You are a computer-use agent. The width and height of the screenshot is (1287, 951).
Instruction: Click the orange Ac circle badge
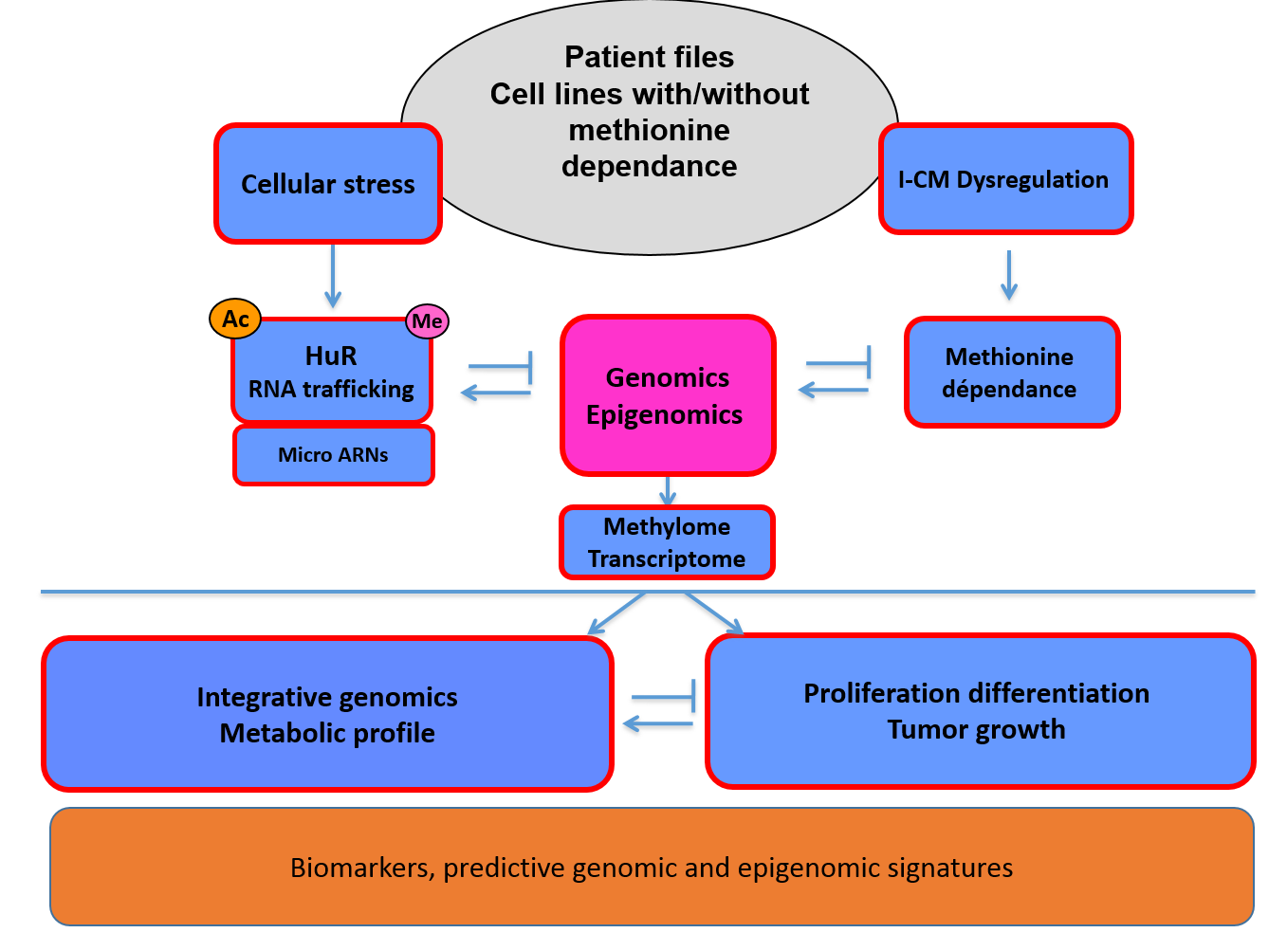pyautogui.click(x=235, y=319)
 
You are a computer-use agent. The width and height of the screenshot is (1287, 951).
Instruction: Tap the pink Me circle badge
pyautogui.click(x=427, y=321)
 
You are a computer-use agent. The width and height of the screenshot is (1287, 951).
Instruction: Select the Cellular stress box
pyautogui.click(x=328, y=184)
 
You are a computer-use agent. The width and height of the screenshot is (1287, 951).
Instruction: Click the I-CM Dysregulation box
pyautogui.click(x=1005, y=179)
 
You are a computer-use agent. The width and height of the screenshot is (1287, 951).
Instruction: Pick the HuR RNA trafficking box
pyautogui.click(x=332, y=373)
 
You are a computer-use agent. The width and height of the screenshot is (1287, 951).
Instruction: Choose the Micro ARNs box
pyautogui.click(x=334, y=455)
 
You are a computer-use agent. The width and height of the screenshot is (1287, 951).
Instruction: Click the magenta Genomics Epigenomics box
pyautogui.click(x=668, y=395)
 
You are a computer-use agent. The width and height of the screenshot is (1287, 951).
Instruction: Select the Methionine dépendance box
pyautogui.click(x=1012, y=373)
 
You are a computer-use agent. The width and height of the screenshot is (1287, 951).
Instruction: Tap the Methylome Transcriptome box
pyautogui.click(x=667, y=542)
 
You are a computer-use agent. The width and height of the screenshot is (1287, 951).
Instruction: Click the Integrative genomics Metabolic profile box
pyautogui.click(x=327, y=715)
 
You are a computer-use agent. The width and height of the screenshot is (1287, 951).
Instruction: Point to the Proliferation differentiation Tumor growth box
pyautogui.click(x=980, y=711)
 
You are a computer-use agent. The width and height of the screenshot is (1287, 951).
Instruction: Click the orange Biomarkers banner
pyautogui.click(x=652, y=868)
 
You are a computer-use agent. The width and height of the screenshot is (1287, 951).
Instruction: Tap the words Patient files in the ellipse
pyautogui.click(x=649, y=57)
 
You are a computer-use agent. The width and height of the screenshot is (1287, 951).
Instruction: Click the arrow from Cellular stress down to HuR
pyautogui.click(x=332, y=276)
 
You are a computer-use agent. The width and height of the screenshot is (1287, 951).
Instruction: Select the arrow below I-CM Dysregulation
pyautogui.click(x=1009, y=276)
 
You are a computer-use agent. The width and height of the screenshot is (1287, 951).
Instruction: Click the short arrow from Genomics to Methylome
pyautogui.click(x=668, y=491)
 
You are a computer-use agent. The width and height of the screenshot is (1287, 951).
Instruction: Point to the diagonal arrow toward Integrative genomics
pyautogui.click(x=616, y=613)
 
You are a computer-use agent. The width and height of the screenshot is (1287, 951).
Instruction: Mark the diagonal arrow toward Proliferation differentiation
pyautogui.click(x=714, y=613)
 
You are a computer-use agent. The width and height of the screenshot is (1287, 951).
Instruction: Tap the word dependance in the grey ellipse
pyautogui.click(x=649, y=166)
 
